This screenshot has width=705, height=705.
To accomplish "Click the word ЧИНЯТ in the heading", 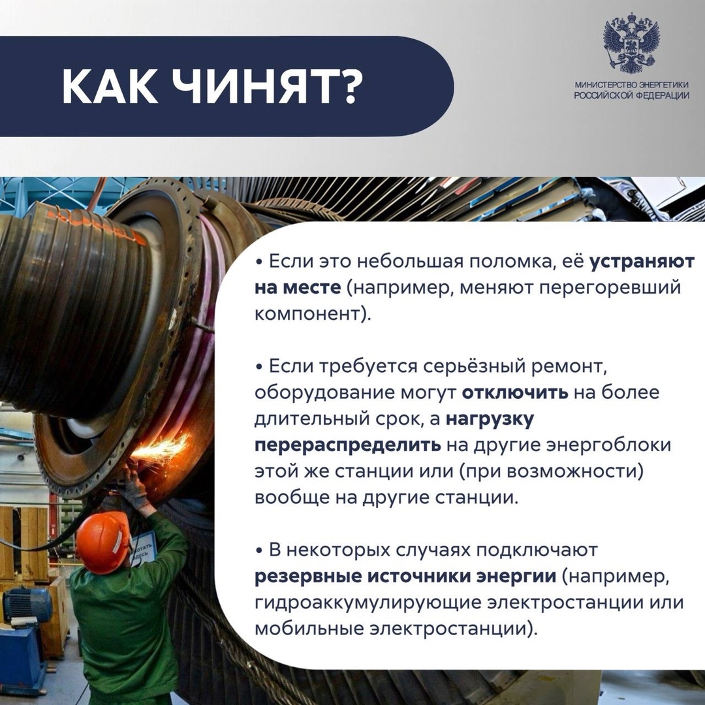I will tap(268, 87).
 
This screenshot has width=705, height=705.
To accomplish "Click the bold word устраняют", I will tap(642, 262).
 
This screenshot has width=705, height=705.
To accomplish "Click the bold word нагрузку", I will tap(490, 419).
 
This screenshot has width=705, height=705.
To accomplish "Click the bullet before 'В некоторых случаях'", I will tap(259, 552).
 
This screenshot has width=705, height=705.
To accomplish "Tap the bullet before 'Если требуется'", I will tap(259, 368).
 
